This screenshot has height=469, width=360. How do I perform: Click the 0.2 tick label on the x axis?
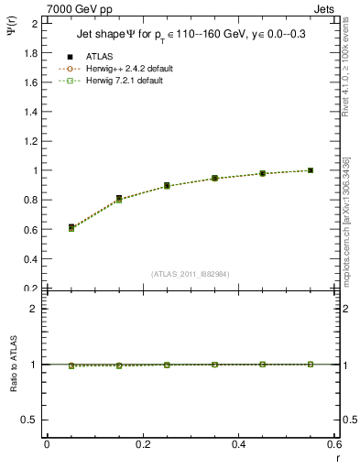coord(142,444)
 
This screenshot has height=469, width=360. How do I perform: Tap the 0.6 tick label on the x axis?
coord(333,444)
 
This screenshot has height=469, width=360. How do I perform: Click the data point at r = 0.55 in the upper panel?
coord(311,170)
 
